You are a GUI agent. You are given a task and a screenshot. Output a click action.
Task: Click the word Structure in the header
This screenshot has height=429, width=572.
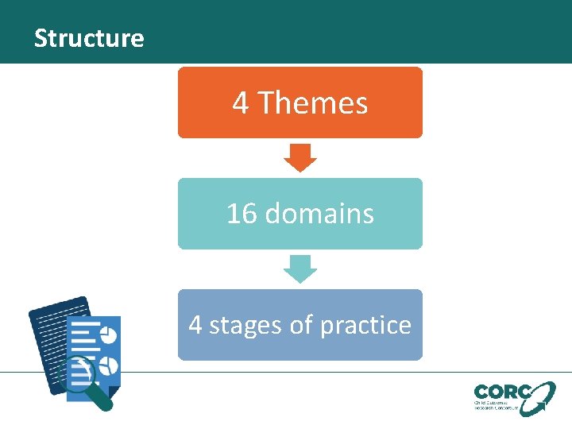(x=89, y=38)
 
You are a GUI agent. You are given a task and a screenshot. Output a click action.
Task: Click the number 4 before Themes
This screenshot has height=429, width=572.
(x=240, y=103)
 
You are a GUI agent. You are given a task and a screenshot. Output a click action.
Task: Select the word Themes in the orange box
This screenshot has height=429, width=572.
(x=313, y=103)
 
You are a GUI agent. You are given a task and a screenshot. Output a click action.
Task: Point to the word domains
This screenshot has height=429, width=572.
(x=319, y=214)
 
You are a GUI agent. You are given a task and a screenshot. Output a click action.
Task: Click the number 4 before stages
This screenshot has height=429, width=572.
(x=195, y=325)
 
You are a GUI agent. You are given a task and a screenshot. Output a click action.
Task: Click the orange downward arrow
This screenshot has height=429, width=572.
(x=300, y=157)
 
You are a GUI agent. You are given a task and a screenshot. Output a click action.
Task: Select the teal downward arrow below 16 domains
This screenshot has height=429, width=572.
(x=300, y=269)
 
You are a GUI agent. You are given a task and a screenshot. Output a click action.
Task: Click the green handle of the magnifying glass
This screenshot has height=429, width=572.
(x=102, y=399)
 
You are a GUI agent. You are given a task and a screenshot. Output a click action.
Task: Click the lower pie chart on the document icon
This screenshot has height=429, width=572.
(x=110, y=365)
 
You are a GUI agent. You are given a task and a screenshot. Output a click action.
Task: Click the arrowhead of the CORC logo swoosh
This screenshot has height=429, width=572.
(x=549, y=387)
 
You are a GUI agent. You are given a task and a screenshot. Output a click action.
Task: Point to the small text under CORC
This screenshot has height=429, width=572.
(x=496, y=406)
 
